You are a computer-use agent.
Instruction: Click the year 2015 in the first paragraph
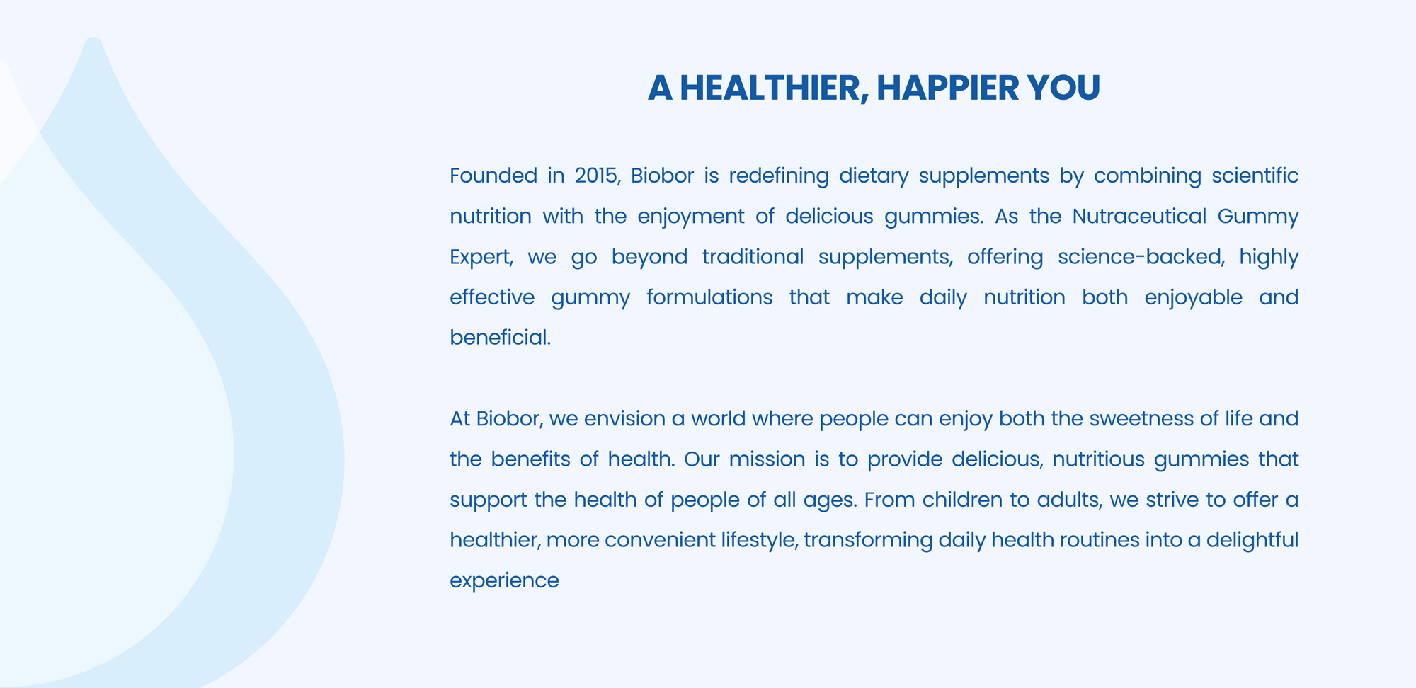pos(597,176)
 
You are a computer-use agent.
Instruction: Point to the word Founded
pos(493,176)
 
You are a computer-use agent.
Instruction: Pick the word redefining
pos(779,176)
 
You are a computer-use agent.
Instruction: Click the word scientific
pos(1255,176)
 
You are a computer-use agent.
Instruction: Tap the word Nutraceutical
pos(1139,216)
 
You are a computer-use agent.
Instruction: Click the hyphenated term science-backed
pos(1141,257)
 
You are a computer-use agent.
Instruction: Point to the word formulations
pos(709,297)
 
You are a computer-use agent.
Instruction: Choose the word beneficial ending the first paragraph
pos(500,338)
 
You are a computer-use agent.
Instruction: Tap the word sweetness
pos(1141,419)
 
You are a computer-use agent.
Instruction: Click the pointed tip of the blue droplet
pos(93,39)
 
